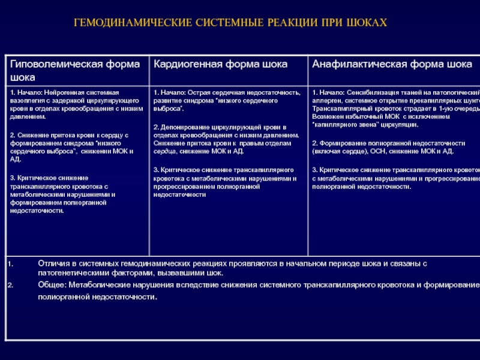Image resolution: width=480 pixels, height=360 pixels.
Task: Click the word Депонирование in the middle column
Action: click(182, 127)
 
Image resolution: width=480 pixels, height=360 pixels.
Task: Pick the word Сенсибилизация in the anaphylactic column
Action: click(371, 93)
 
